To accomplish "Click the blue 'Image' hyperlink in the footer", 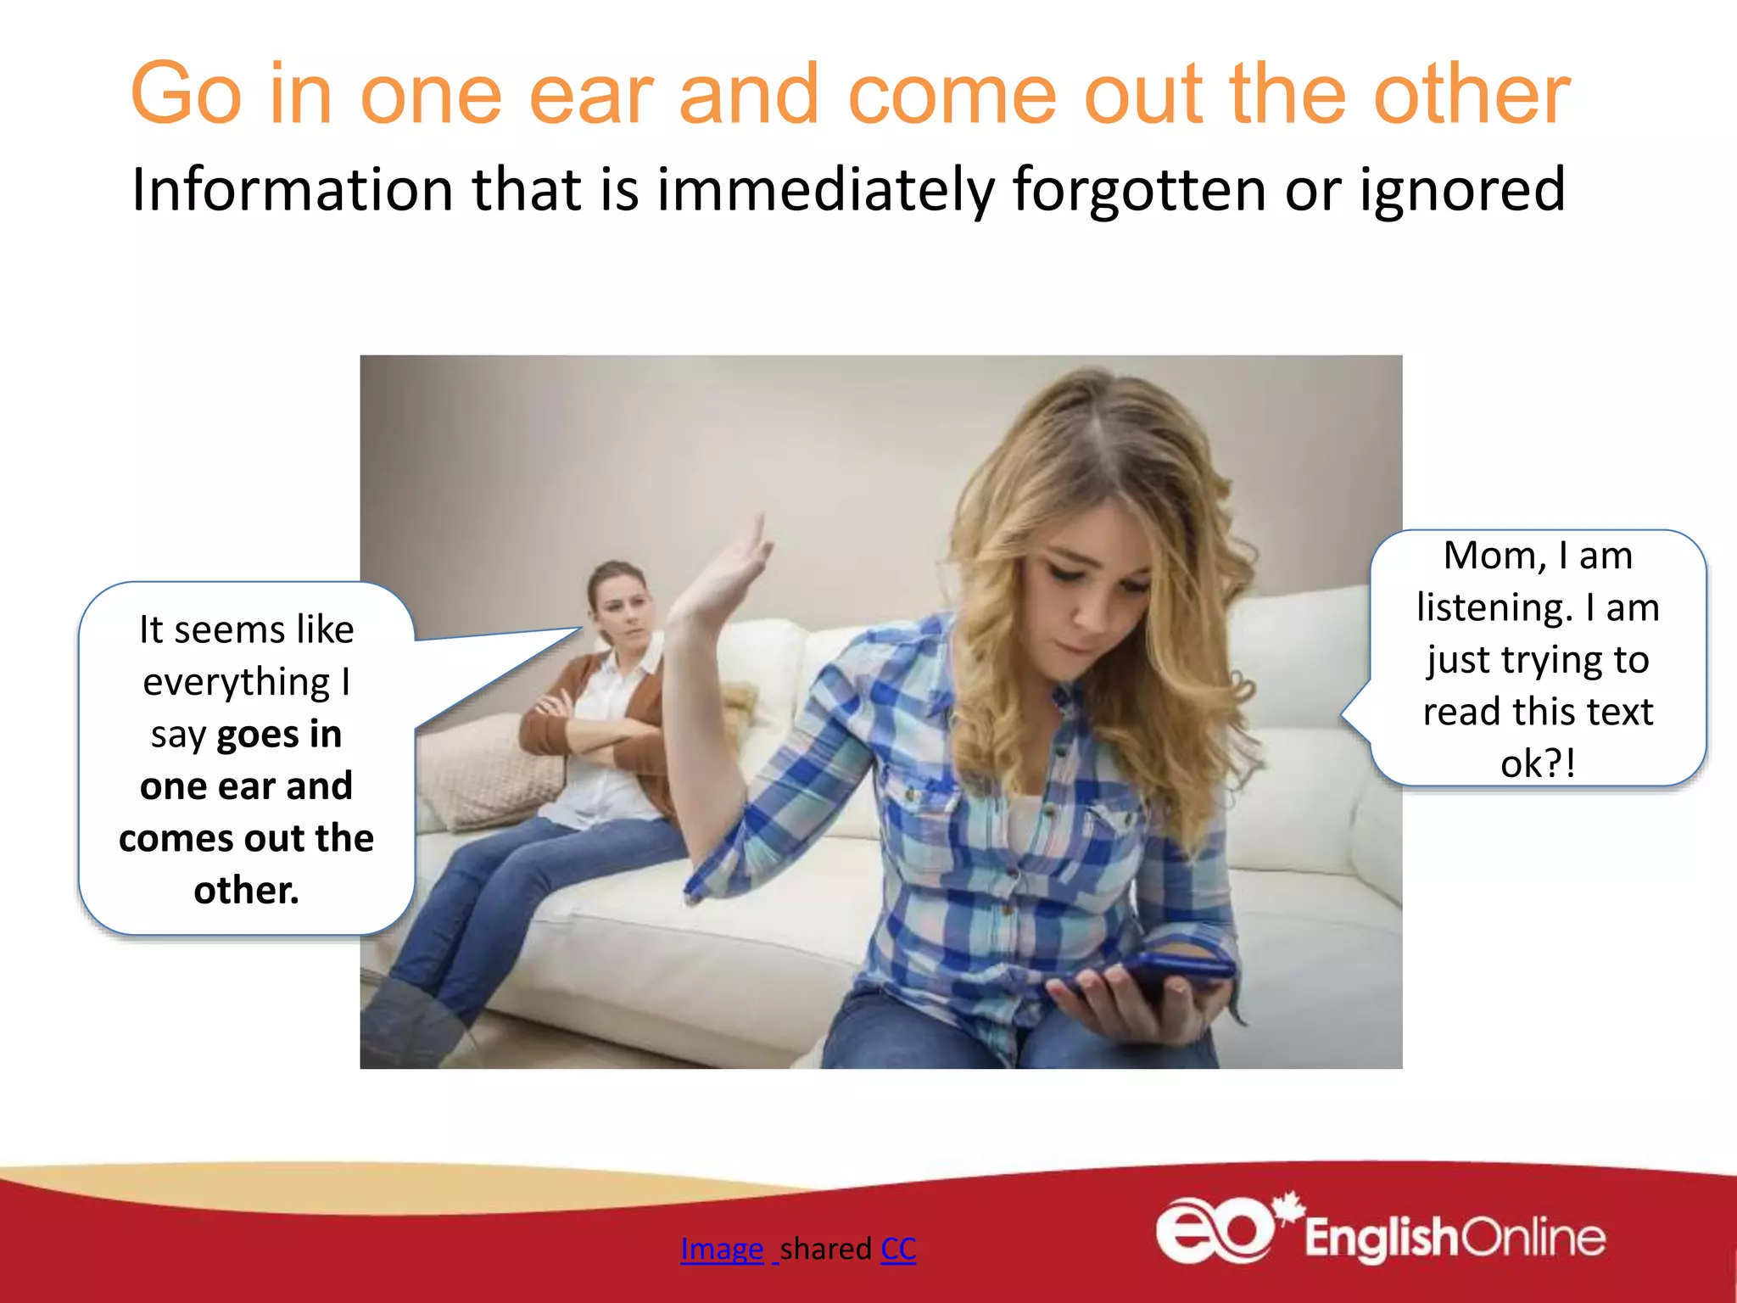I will point(721,1249).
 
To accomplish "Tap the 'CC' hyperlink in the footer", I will point(898,1249).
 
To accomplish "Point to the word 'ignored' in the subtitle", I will point(1462,190).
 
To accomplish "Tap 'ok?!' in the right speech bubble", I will point(1538,763).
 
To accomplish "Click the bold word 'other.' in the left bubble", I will point(246,891).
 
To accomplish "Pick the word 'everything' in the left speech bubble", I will point(236,683).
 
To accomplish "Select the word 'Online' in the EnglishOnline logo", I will point(1533,1239).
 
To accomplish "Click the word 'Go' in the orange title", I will point(187,95).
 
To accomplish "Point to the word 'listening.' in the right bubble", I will point(1494,608).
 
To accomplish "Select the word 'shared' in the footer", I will point(825,1249).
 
